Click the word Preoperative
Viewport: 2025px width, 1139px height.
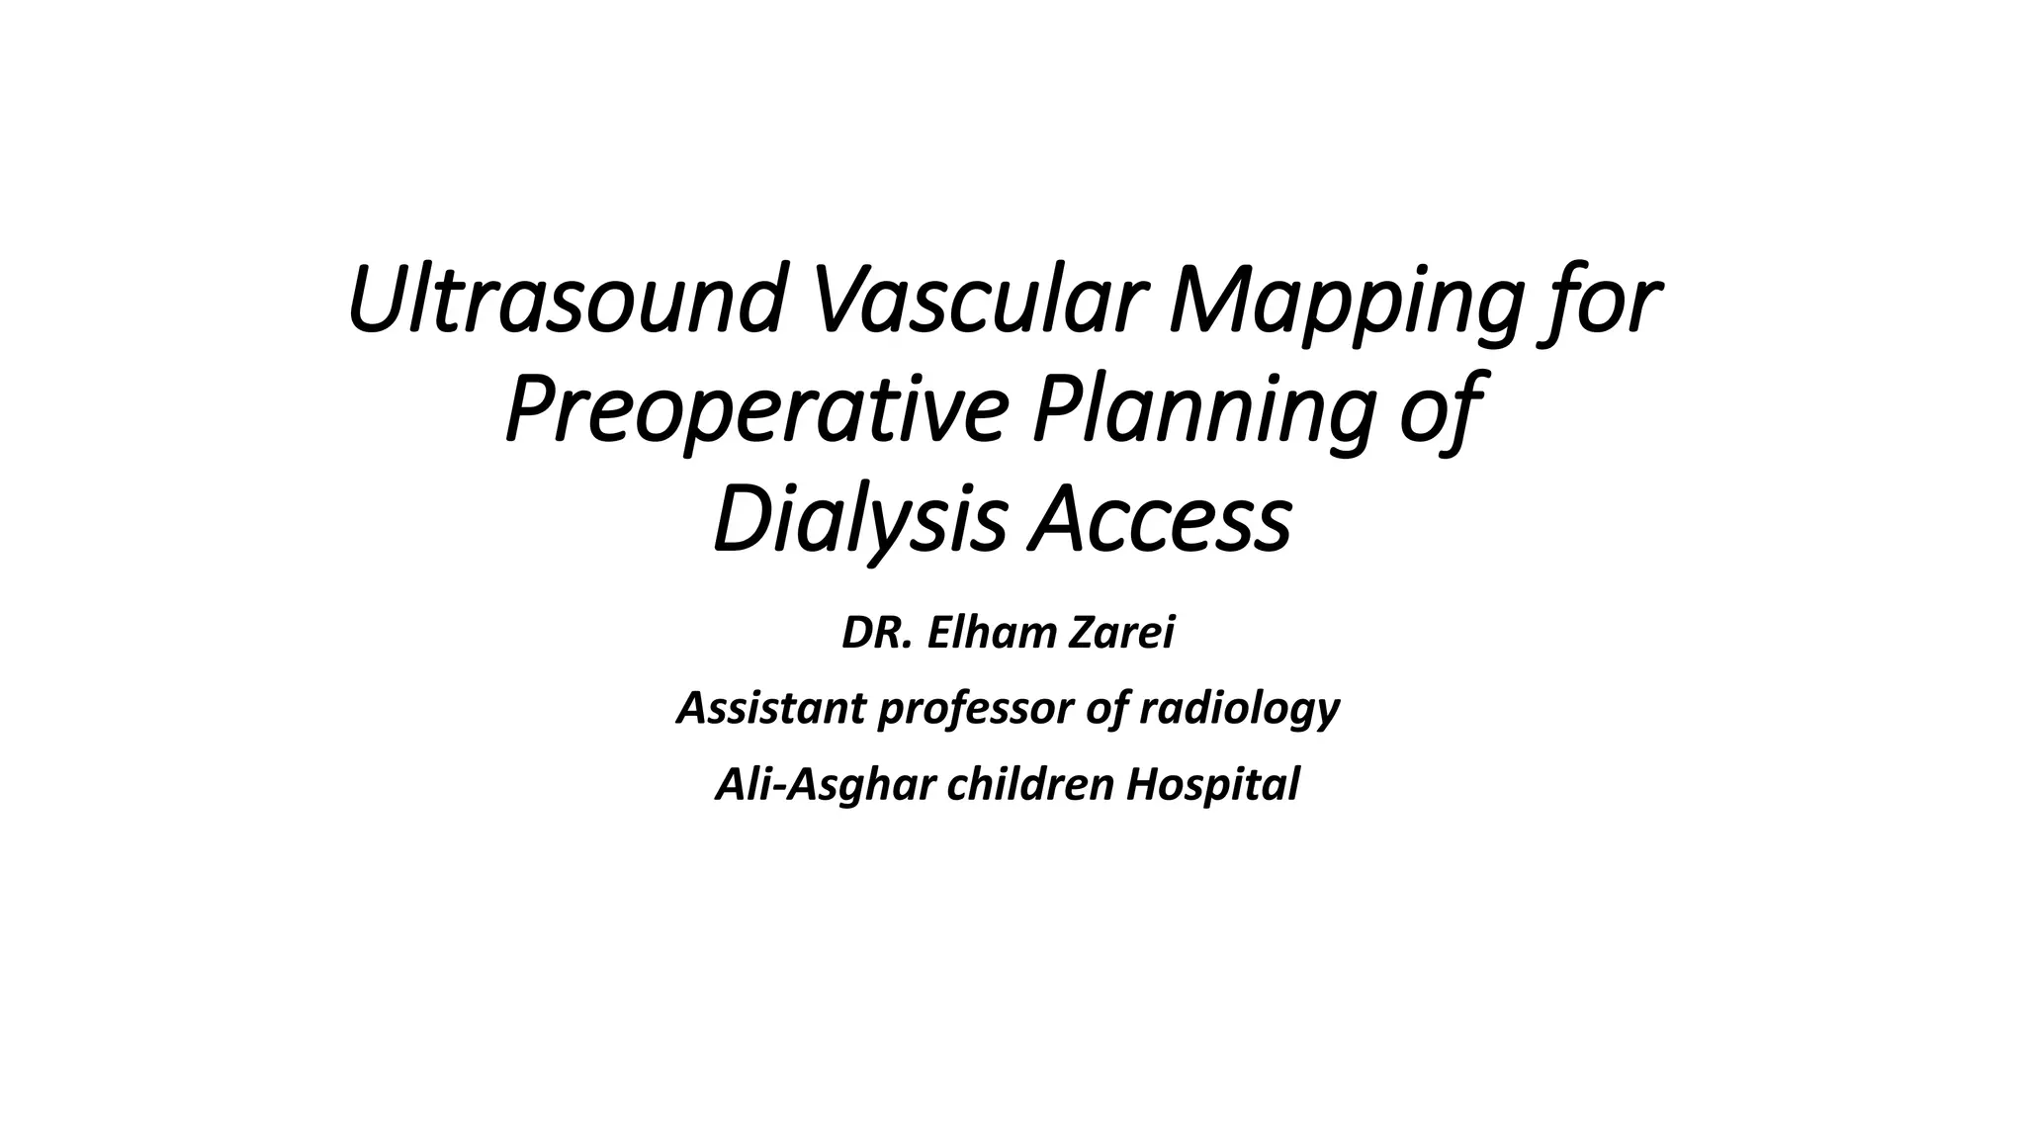[x=756, y=411]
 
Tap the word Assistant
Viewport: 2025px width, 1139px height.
[x=771, y=708]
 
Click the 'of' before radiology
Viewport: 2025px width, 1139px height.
[x=1108, y=708]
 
